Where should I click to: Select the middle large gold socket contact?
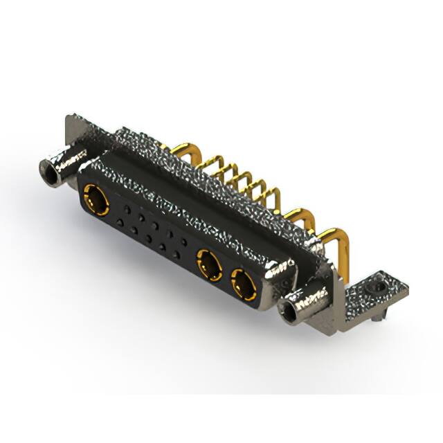(x=208, y=265)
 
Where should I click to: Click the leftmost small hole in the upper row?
(x=126, y=208)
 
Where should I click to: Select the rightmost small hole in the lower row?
(x=179, y=257)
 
